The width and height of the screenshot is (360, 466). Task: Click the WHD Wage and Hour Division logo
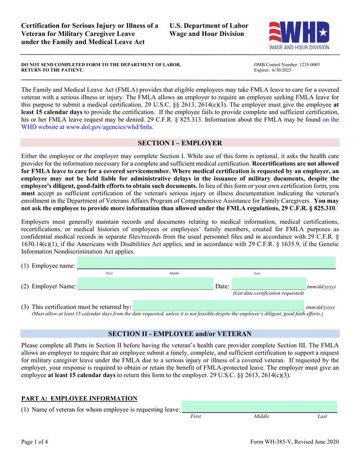click(299, 35)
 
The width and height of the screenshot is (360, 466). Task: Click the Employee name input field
click(206, 263)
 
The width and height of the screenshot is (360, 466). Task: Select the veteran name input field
click(259, 407)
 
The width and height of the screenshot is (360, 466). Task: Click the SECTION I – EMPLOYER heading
click(180, 143)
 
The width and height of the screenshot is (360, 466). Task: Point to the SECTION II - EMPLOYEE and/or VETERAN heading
click(180, 334)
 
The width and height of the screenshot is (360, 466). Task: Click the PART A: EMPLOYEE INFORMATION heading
click(79, 398)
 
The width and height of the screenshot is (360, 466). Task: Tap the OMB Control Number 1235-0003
click(287, 65)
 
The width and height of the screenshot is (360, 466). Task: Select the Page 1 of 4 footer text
click(34, 441)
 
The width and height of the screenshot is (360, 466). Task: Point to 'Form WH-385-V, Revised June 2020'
click(294, 441)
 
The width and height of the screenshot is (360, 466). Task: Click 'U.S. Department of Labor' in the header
click(209, 26)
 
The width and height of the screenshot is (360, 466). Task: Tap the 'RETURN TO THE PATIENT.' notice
click(52, 70)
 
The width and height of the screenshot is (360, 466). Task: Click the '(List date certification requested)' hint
click(268, 293)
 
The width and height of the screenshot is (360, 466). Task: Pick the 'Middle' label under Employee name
click(174, 273)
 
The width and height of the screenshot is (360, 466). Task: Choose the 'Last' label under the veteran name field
click(322, 416)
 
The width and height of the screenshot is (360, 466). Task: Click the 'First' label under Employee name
click(109, 273)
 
